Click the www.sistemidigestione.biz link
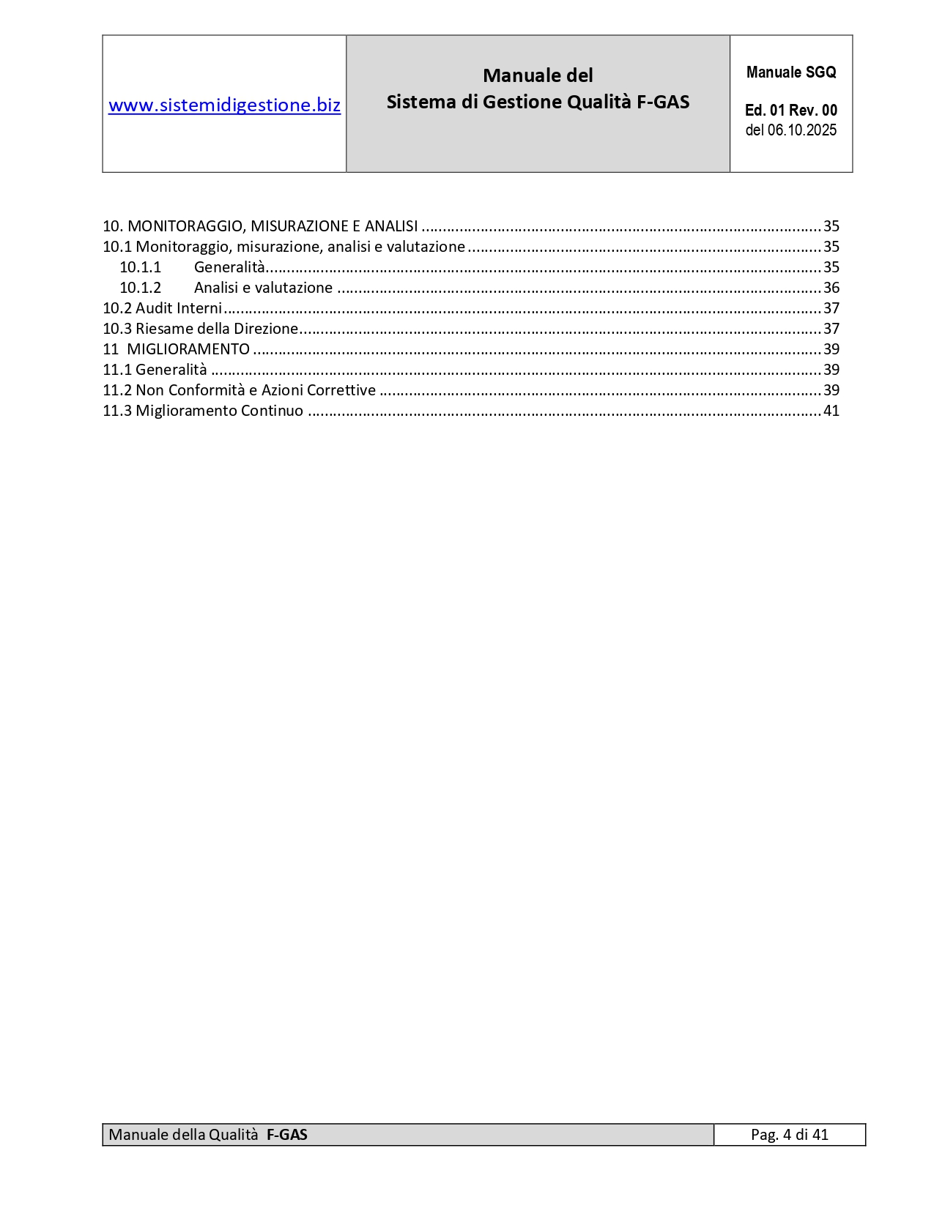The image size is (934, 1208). click(224, 105)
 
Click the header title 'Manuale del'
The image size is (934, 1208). click(538, 75)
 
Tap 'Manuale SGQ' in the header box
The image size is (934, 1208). click(790, 72)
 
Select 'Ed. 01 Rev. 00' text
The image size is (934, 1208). click(790, 111)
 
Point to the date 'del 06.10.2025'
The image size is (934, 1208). click(790, 130)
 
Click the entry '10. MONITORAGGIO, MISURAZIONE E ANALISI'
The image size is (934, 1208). click(260, 226)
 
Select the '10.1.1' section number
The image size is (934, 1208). click(140, 267)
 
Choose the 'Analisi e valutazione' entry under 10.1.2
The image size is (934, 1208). click(263, 288)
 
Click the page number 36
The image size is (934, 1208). click(831, 288)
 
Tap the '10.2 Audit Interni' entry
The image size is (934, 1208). click(162, 308)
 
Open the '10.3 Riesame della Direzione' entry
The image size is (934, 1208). click(200, 329)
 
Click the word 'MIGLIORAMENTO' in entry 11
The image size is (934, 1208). click(188, 349)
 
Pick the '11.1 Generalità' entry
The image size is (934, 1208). click(155, 370)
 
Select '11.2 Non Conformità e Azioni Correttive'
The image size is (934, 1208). click(239, 390)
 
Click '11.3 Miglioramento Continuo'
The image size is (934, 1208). click(202, 411)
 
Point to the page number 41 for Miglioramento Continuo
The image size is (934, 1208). click(831, 411)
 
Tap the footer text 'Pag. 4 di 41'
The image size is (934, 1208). click(789, 1135)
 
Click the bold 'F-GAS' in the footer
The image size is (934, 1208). click(286, 1135)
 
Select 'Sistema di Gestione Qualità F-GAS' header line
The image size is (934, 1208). click(538, 102)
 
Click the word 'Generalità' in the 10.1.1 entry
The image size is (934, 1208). click(229, 267)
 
